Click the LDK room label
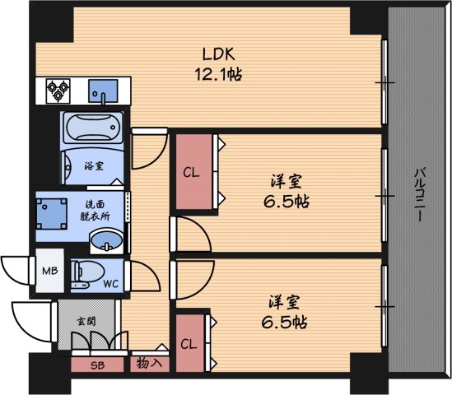click(220, 54)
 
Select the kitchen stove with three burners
click(58, 89)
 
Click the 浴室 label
click(94, 165)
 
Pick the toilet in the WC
click(86, 273)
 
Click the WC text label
click(112, 286)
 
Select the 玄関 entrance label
click(86, 322)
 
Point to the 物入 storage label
click(148, 363)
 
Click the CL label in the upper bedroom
click(190, 173)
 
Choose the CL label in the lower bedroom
click(189, 344)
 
